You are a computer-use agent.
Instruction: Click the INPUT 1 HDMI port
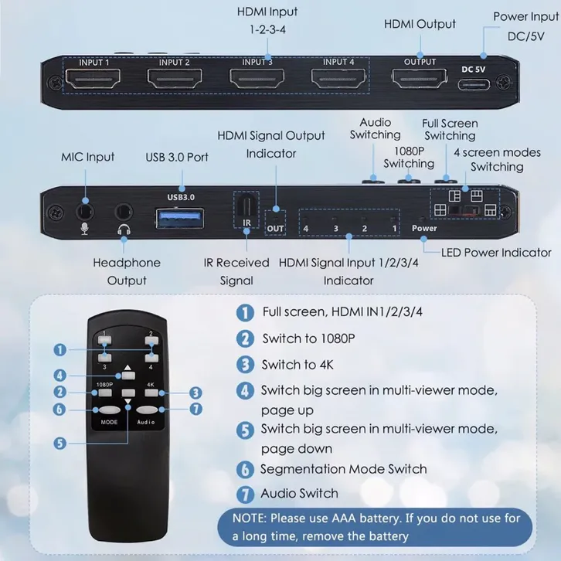coord(93,78)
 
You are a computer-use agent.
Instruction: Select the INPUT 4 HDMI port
coord(338,78)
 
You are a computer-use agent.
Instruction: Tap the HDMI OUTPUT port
coord(420,78)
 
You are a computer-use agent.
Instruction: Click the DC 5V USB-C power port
coord(474,84)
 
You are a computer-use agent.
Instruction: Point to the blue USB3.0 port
coord(180,218)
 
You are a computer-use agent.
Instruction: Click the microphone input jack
coord(85,212)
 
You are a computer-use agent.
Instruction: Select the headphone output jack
coord(124,212)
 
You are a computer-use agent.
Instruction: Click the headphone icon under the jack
coord(124,229)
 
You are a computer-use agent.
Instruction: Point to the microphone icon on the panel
coord(84,229)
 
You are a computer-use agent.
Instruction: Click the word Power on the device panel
coord(424,228)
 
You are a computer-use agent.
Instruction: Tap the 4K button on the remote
coord(151,393)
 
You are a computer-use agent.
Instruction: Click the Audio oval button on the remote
coord(147,410)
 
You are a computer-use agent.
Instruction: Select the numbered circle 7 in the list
coord(245,494)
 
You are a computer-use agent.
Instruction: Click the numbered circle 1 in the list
coord(245,312)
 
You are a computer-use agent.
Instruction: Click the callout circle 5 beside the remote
coord(60,444)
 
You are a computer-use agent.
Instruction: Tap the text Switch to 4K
coord(297,365)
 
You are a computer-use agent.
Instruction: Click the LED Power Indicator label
coord(496,253)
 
